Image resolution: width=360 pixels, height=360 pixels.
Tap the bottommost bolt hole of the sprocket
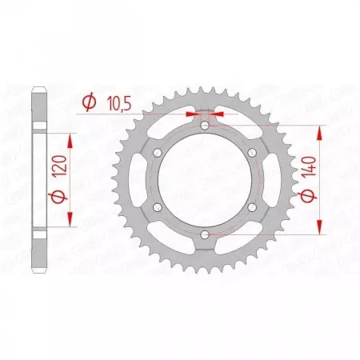[x=205, y=234]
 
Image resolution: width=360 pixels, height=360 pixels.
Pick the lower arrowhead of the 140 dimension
[x=322, y=230]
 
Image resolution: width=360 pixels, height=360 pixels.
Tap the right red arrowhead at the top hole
[x=219, y=114]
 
